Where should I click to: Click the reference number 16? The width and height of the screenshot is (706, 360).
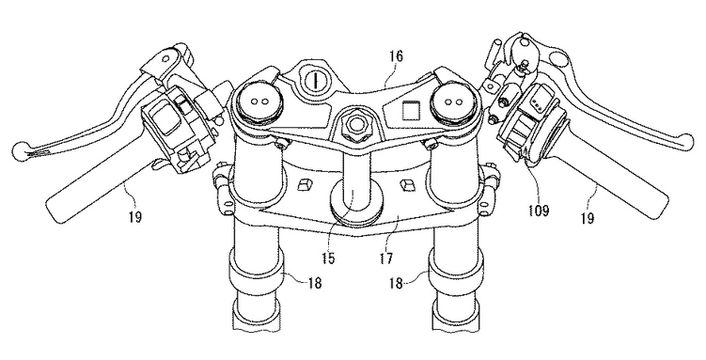tap(395, 56)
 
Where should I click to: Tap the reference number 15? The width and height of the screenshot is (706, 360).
tap(328, 258)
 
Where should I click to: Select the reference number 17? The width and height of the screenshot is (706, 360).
tap(386, 258)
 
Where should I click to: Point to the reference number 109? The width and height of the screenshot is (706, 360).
tap(539, 211)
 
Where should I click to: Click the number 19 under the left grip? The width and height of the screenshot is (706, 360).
tap(134, 216)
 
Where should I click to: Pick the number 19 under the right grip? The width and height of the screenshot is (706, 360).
tap(588, 218)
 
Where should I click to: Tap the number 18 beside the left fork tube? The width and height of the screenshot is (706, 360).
tap(315, 283)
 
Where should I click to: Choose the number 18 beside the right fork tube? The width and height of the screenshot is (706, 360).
tap(396, 284)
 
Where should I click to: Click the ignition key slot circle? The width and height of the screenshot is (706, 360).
tap(316, 81)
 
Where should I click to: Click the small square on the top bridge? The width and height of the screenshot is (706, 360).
tap(410, 110)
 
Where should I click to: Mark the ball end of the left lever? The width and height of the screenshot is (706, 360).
tap(20, 150)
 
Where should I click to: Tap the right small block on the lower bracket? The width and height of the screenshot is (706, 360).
tap(407, 184)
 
